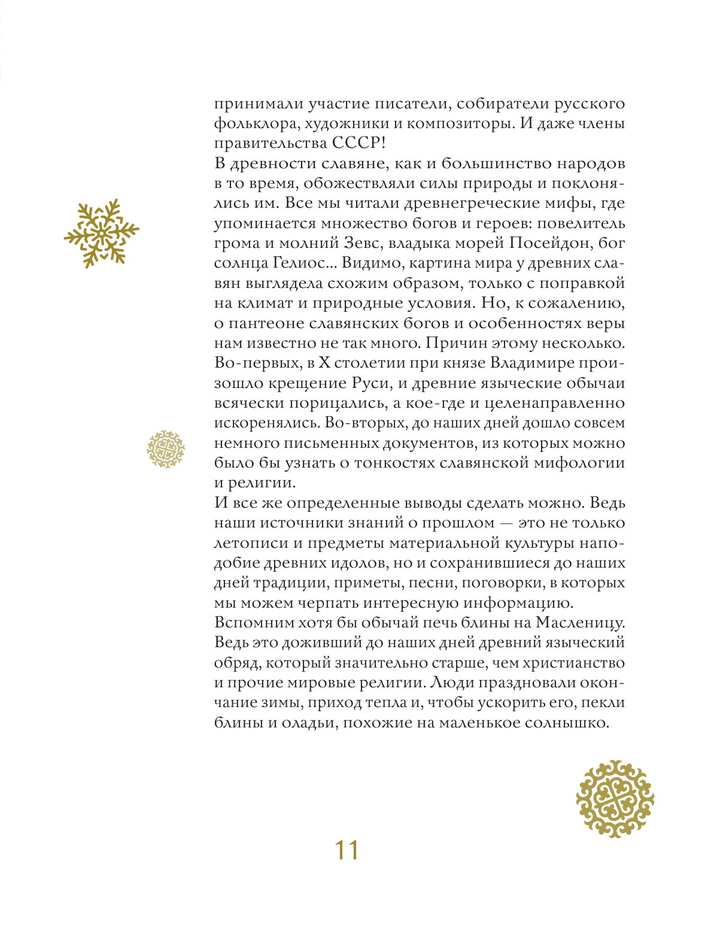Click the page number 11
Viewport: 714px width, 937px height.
click(346, 850)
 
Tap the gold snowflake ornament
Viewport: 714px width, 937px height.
click(101, 233)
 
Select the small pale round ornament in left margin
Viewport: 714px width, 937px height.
click(165, 449)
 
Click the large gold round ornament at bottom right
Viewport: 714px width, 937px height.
click(615, 799)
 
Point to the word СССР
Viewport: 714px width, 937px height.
click(353, 144)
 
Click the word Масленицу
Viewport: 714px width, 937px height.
click(580, 623)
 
